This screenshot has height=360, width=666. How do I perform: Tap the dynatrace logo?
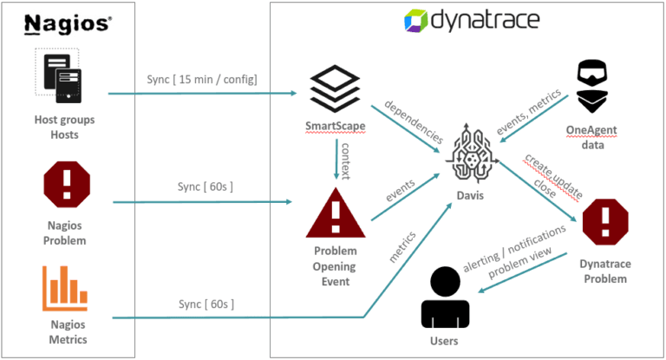coord(472,20)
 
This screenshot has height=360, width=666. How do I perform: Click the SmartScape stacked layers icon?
coord(335,90)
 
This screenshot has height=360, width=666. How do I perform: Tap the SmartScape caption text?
coord(335,126)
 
